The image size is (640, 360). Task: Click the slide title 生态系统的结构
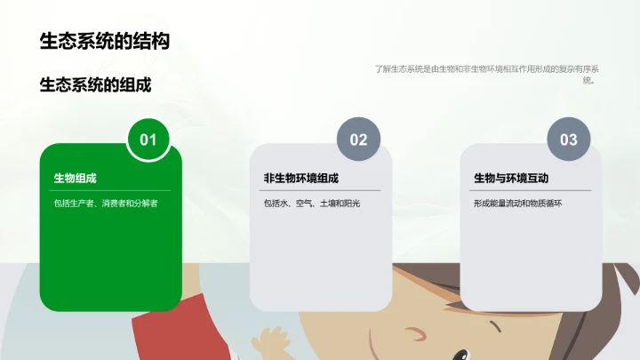pyautogui.click(x=104, y=41)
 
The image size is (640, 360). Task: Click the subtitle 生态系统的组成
pyautogui.click(x=96, y=85)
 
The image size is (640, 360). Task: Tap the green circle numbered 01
pyautogui.click(x=148, y=140)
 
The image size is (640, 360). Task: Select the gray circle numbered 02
pyautogui.click(x=358, y=140)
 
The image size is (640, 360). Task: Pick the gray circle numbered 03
pyautogui.click(x=568, y=140)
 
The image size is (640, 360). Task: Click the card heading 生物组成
pyautogui.click(x=76, y=179)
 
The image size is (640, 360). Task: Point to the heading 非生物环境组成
pyautogui.click(x=300, y=179)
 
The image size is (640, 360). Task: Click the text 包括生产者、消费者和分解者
pyautogui.click(x=106, y=204)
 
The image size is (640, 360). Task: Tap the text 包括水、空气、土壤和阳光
pyautogui.click(x=312, y=204)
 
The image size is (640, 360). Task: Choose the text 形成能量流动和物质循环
pyautogui.click(x=518, y=204)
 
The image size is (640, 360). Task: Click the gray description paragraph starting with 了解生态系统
pyautogui.click(x=487, y=74)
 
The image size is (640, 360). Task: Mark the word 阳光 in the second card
pyautogui.click(x=352, y=204)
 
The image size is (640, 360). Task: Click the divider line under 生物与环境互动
pyautogui.click(x=532, y=190)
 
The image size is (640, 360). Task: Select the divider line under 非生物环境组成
pyautogui.click(x=322, y=190)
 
